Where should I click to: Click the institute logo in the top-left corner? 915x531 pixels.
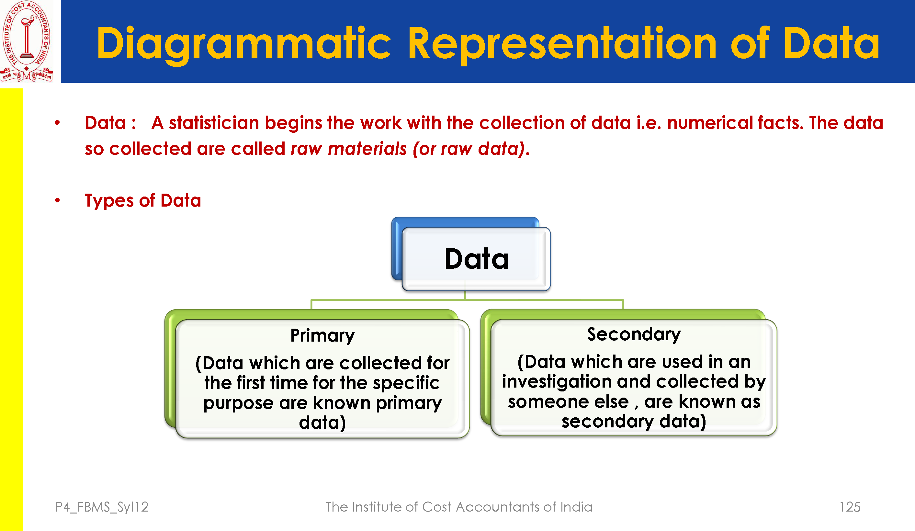[27, 41]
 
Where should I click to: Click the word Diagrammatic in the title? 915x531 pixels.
[243, 44]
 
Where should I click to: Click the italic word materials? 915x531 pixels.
[367, 149]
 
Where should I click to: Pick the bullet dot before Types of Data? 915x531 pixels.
[57, 200]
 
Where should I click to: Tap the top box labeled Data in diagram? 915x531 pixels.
[476, 259]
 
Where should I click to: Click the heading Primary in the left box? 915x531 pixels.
[322, 335]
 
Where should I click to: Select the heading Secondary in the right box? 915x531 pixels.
[634, 334]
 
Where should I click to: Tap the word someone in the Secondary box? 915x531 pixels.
[568, 402]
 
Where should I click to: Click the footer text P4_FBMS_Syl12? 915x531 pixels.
[102, 507]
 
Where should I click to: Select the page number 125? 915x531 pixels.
[850, 507]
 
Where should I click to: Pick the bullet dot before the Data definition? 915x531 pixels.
[57, 123]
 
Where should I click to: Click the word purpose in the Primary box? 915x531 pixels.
[238, 403]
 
